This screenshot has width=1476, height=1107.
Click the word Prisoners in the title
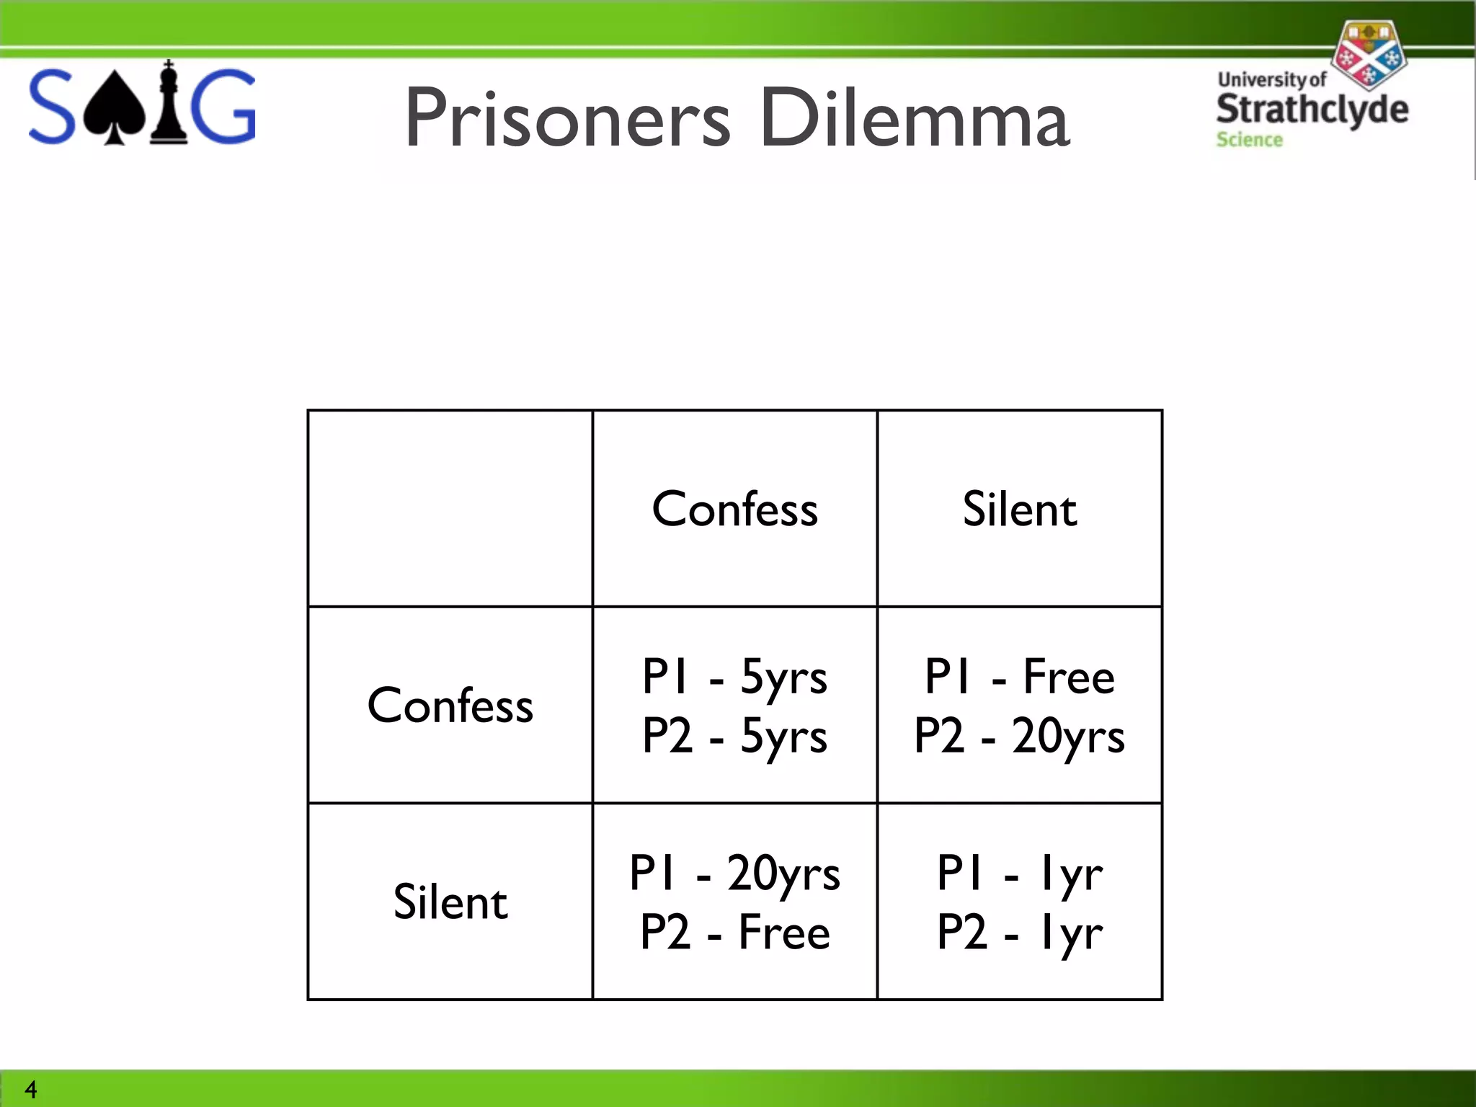(568, 118)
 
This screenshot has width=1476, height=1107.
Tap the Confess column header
(734, 509)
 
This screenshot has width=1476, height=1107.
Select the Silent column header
(1019, 509)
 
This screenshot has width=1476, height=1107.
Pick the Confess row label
(450, 705)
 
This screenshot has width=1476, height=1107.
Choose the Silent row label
(450, 902)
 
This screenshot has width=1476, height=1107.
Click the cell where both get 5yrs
(734, 705)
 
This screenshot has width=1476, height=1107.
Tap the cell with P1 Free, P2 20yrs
(1019, 705)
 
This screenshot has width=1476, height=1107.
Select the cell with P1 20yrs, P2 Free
(734, 902)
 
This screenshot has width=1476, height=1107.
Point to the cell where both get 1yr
(1019, 902)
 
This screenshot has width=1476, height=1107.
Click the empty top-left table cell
(450, 509)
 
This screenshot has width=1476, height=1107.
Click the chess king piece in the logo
(169, 104)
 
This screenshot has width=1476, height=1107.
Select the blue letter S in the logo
(51, 107)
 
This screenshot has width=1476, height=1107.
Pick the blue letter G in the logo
(225, 107)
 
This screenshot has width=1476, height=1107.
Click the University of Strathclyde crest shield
(1367, 53)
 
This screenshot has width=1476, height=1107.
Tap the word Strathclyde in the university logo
(1312, 110)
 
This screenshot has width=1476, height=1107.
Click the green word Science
(1249, 140)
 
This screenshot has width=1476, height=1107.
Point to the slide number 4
(30, 1088)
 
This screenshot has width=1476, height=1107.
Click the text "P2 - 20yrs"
(1019, 737)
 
